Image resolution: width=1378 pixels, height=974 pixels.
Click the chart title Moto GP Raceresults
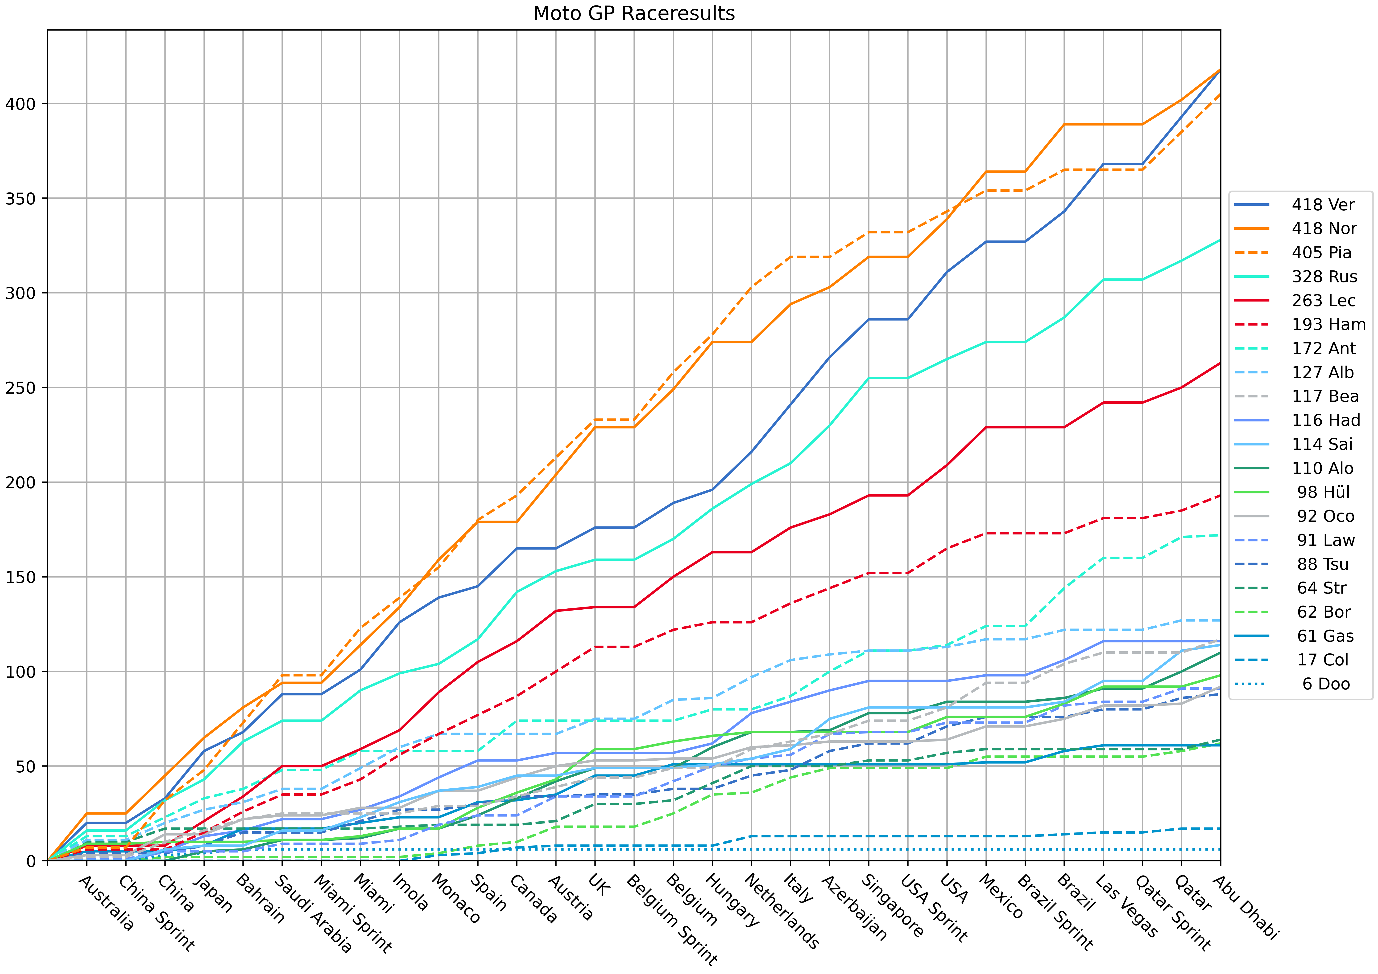(x=634, y=13)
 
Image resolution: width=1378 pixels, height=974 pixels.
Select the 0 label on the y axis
(x=31, y=861)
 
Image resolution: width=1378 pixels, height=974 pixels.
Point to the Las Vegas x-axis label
(x=1126, y=906)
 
